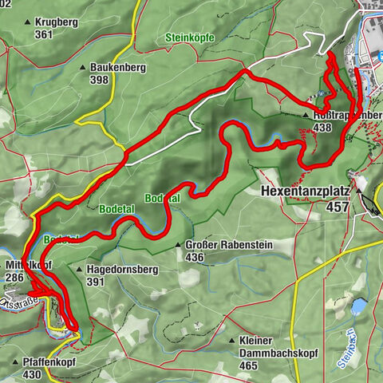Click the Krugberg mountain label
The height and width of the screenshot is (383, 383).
[56, 22]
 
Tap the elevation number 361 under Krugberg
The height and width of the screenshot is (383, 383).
[44, 34]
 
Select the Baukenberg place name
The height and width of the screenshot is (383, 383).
[118, 68]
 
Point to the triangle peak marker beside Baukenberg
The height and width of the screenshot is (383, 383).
[83, 69]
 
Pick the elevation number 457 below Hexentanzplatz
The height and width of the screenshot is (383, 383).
[339, 206]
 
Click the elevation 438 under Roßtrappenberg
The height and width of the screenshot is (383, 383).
[322, 128]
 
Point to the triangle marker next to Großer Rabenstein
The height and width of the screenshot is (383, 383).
[178, 246]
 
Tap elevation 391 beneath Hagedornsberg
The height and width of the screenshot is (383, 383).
[96, 282]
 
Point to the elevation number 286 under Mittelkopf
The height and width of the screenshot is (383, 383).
[15, 277]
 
